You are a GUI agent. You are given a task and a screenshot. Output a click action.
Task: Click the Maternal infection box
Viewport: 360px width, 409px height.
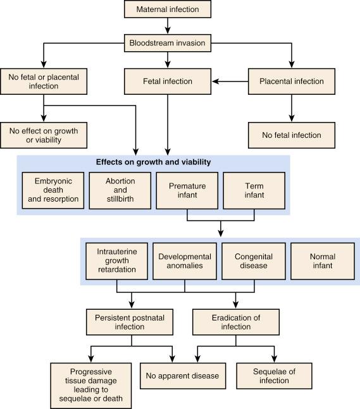pyautogui.click(x=168, y=9)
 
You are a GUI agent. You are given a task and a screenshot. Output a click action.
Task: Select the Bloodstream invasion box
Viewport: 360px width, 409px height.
pyautogui.click(x=168, y=44)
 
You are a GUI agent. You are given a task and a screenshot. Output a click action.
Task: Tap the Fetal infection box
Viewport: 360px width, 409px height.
pyautogui.click(x=168, y=82)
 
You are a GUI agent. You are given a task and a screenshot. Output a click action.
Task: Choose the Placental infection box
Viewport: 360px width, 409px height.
pyautogui.click(x=292, y=82)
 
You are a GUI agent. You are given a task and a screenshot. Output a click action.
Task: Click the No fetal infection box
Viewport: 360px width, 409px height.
pyautogui.click(x=292, y=135)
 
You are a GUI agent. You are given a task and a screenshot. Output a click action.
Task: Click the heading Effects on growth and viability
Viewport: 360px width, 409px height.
pyautogui.click(x=153, y=162)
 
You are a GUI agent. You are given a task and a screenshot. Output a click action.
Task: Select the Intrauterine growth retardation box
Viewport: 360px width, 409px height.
pyautogui.click(x=116, y=261)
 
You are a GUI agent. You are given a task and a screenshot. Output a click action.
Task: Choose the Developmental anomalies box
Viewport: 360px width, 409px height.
pyautogui.click(x=184, y=261)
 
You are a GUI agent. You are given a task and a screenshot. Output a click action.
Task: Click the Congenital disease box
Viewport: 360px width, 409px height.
pyautogui.click(x=251, y=261)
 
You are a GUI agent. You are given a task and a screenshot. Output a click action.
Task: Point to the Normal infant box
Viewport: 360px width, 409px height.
pyautogui.click(x=320, y=261)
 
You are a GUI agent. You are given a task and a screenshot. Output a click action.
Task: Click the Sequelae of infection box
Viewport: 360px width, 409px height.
pyautogui.click(x=273, y=375)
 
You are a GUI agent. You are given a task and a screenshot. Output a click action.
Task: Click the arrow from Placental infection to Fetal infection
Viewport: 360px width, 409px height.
pyautogui.click(x=234, y=82)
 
